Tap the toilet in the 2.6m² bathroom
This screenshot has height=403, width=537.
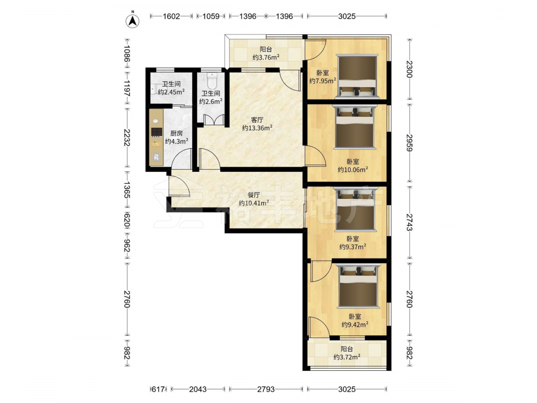click(212, 80)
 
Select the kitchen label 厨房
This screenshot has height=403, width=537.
click(176, 133)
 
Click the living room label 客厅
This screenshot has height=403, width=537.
click(257, 120)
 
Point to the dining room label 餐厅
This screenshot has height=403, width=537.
click(254, 195)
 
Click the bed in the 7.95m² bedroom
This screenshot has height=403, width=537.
click(357, 76)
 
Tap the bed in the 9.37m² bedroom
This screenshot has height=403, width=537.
click(355, 208)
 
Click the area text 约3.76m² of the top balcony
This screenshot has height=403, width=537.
click(266, 57)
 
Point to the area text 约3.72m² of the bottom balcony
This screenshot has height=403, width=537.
click(346, 357)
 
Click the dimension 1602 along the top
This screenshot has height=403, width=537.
click(171, 16)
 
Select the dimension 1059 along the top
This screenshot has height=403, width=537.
click(211, 16)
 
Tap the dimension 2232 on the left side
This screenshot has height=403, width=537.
click(127, 138)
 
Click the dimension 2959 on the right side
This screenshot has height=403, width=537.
click(410, 142)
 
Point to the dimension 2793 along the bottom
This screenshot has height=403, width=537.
click(266, 389)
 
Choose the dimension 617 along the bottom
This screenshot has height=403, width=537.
click(158, 389)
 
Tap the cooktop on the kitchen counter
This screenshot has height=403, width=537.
click(156, 132)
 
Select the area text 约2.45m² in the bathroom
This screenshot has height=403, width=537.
click(171, 92)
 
